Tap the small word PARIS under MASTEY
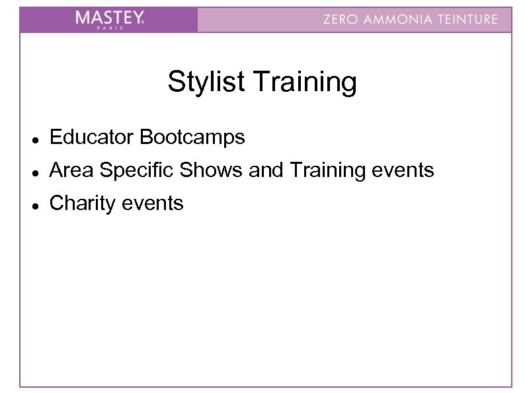coord(118,28)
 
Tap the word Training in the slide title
coord(305,83)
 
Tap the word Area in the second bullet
coord(69,170)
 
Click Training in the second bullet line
coord(323,170)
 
